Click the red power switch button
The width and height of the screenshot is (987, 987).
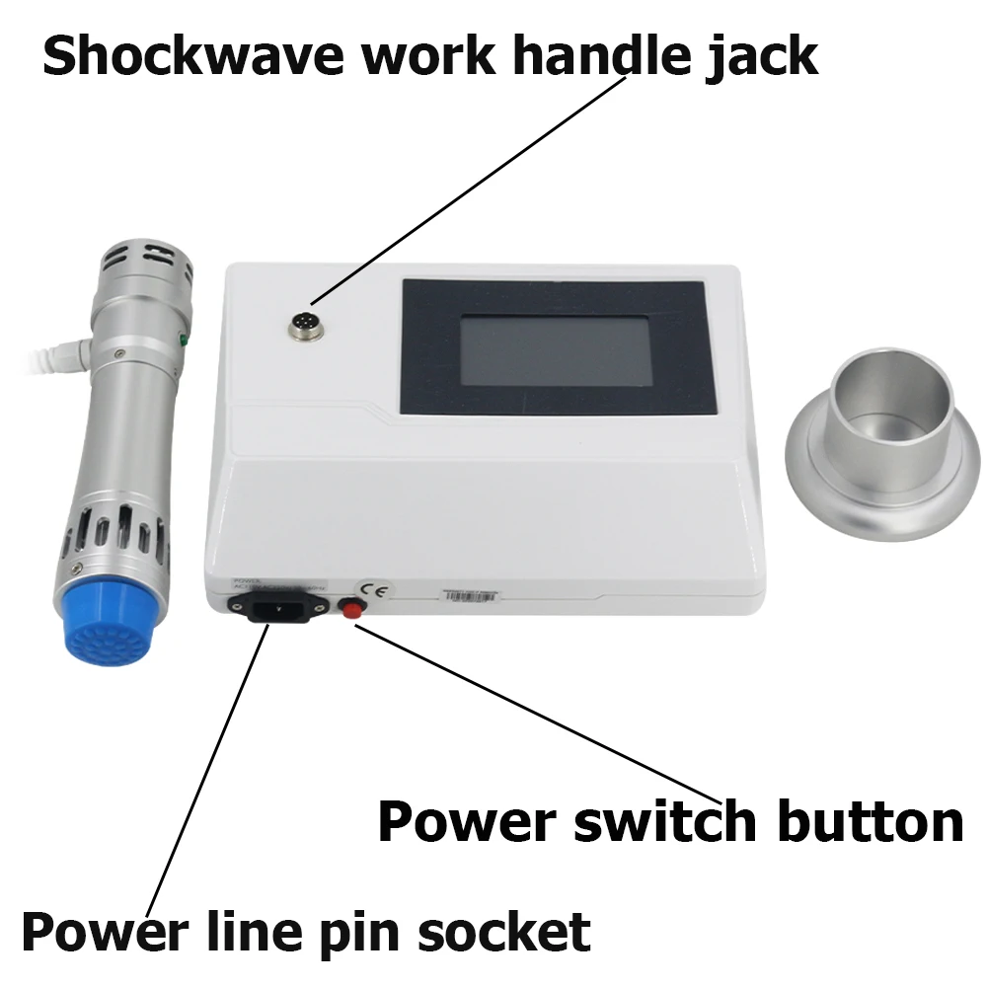click(x=348, y=607)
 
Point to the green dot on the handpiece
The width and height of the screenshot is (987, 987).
click(x=183, y=342)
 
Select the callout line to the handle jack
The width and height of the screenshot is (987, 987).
click(x=464, y=193)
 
